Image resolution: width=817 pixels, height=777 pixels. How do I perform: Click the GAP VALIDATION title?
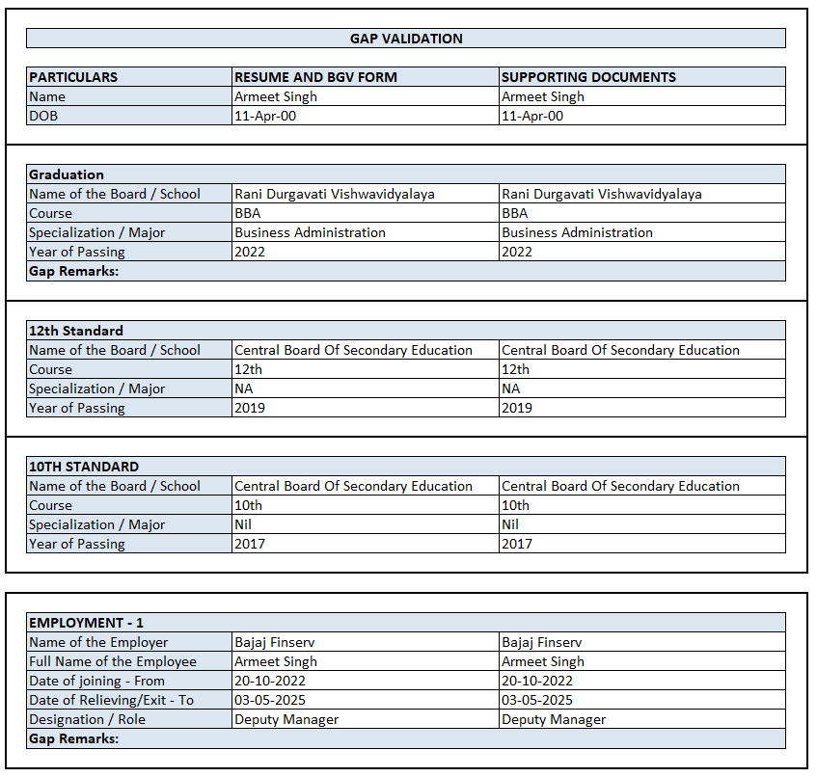405,39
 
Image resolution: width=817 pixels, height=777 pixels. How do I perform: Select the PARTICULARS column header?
73,77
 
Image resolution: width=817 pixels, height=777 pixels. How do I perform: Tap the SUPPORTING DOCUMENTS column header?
588,77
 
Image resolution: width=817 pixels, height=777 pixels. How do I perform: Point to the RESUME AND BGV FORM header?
315,77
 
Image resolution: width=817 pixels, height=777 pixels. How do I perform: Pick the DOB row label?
43,116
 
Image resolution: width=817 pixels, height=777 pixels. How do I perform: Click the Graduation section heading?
67,174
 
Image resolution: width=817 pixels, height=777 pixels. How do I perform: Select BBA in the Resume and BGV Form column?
247,213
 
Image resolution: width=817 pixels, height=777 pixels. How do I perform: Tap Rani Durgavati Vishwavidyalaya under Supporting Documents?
602,194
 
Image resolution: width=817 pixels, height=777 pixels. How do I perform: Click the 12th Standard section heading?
76,331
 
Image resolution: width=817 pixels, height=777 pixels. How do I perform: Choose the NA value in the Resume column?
244,388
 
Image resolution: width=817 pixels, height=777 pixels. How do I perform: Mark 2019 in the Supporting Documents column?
517,408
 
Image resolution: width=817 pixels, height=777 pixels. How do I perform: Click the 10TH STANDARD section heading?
84,467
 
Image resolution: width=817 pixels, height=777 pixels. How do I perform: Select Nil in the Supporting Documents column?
510,524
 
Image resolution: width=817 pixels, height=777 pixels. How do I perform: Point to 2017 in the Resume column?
250,544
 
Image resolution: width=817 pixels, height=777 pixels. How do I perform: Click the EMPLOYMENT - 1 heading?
86,623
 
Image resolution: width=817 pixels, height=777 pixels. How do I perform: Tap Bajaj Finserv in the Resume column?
275,642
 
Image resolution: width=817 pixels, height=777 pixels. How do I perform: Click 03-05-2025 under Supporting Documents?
537,700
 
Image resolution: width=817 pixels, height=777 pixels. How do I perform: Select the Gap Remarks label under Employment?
73,738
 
